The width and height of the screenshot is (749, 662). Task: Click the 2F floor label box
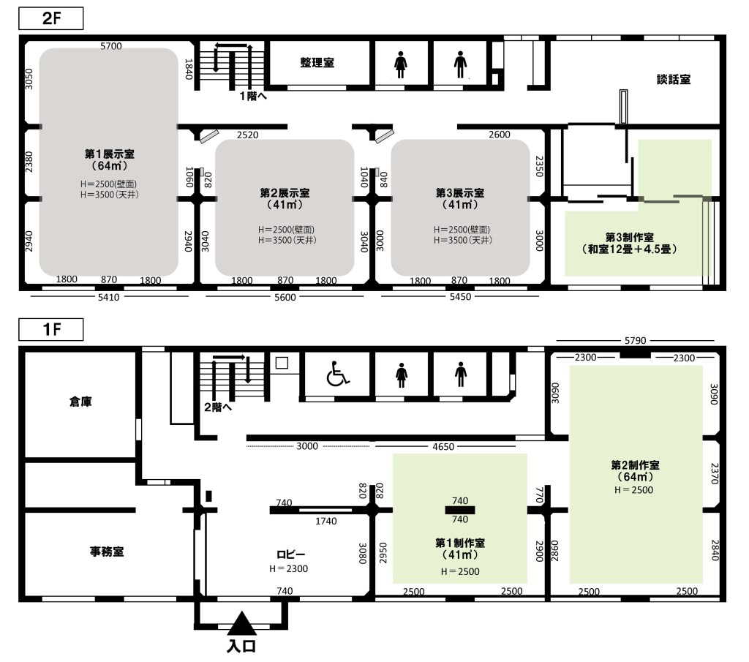click(x=51, y=18)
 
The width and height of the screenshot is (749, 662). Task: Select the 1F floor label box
click(x=51, y=329)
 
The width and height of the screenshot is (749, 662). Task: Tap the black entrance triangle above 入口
click(x=241, y=623)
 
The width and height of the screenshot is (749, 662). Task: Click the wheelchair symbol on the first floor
click(x=338, y=374)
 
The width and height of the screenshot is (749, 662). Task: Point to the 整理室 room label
click(x=317, y=63)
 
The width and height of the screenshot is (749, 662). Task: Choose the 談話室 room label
click(x=674, y=79)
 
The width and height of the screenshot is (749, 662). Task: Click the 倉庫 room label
click(x=80, y=402)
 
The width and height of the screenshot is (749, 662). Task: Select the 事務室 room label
click(x=107, y=552)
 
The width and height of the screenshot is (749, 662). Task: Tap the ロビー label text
click(x=290, y=554)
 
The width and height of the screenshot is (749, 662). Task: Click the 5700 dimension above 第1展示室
click(x=111, y=46)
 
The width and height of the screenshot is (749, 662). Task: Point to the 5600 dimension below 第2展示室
click(x=285, y=297)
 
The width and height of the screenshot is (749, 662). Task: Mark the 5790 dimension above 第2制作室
click(x=636, y=341)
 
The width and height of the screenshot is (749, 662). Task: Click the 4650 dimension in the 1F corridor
click(x=443, y=447)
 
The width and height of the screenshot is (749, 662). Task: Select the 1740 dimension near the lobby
click(x=325, y=521)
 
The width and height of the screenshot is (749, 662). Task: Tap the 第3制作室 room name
click(x=630, y=238)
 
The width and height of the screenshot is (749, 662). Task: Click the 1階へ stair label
click(x=253, y=96)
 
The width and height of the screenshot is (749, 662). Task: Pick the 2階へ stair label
click(x=218, y=407)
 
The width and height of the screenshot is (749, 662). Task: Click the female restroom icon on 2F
click(x=400, y=64)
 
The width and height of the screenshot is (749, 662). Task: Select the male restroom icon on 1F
click(x=461, y=375)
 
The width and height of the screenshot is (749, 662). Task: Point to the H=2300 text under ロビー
click(x=288, y=568)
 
